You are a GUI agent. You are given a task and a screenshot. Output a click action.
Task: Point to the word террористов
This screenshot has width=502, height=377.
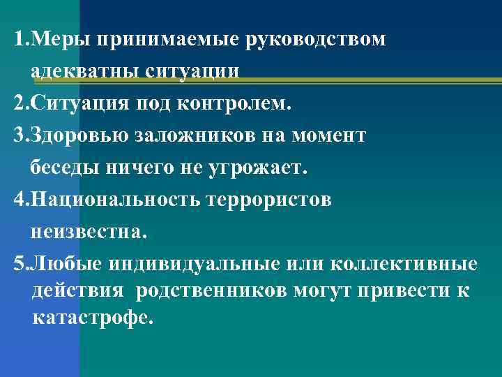click(x=271, y=200)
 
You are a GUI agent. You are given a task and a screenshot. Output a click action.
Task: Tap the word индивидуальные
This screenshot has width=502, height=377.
click(x=187, y=265)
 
